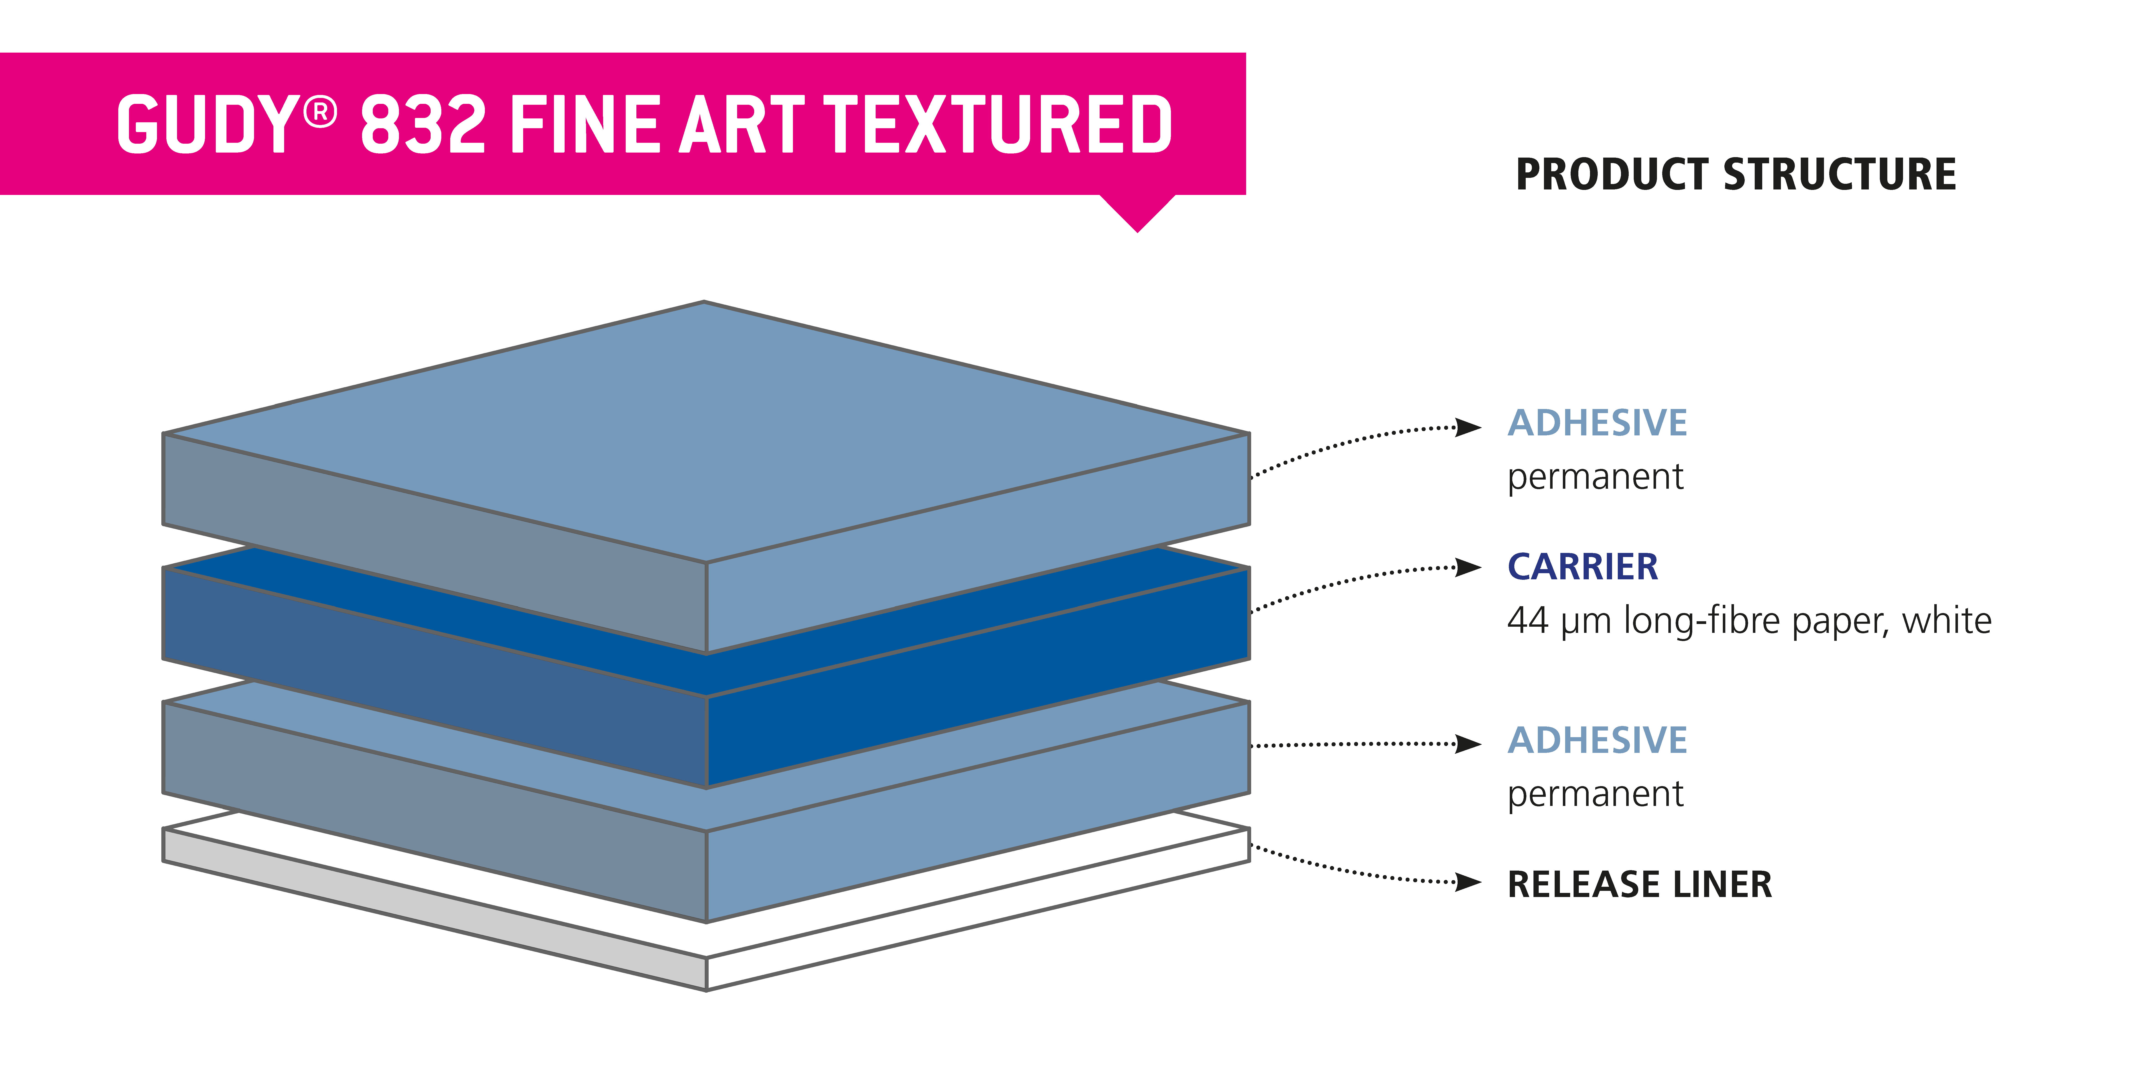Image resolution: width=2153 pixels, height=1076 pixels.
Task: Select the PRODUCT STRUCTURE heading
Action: coord(1736,175)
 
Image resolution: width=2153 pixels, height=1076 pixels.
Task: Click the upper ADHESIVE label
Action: coord(1597,423)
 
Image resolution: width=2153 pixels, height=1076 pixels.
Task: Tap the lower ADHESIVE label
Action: coord(1597,740)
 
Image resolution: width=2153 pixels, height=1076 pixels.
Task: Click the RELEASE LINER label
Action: coord(1639,884)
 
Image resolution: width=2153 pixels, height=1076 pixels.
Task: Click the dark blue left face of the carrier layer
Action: coord(435,677)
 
